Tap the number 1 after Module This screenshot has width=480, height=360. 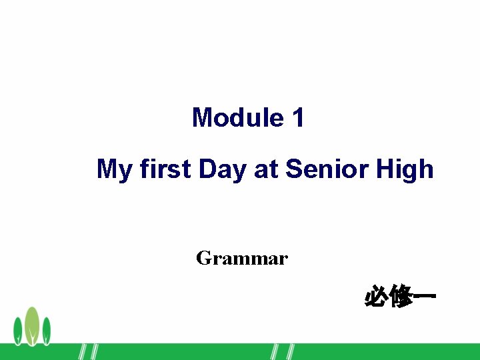[298, 118]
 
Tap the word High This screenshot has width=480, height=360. [405, 170]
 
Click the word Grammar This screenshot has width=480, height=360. [242, 258]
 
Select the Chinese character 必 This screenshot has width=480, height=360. [377, 296]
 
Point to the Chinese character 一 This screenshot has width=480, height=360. [424, 296]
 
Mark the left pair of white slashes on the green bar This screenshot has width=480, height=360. [88, 352]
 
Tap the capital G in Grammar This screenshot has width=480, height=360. [203, 258]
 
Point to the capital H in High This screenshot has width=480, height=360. [385, 169]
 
